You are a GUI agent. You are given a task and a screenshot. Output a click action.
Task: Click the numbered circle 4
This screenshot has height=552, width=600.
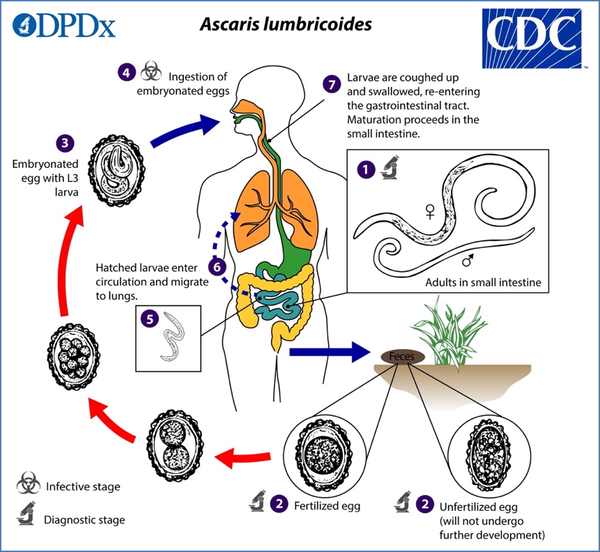coord(125,72)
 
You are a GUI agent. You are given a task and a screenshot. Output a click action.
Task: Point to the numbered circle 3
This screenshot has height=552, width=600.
coord(65,144)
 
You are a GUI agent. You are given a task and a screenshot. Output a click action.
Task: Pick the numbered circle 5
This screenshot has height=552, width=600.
coord(148,319)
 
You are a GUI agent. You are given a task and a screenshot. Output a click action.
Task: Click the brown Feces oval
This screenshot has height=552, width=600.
coord(402,355)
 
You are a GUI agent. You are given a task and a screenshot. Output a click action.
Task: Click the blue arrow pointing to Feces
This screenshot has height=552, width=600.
coord(328,352)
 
